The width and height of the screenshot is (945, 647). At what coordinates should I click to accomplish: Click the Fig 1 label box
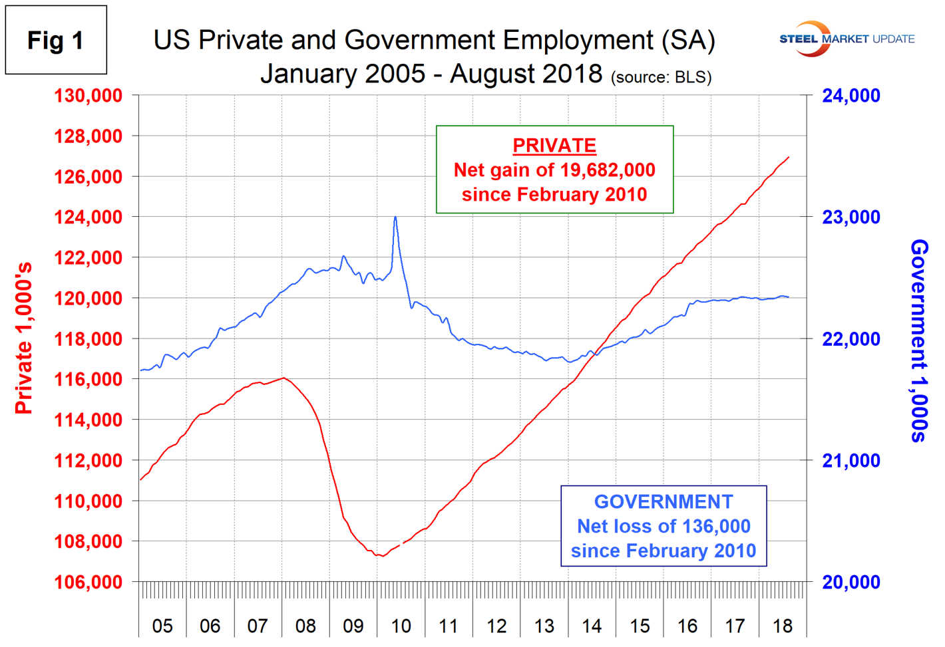(x=56, y=40)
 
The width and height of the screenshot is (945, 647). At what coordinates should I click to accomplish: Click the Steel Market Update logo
(x=847, y=39)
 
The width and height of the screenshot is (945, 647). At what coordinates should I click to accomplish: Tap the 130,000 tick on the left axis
(x=89, y=96)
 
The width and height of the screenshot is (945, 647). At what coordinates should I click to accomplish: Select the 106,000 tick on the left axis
(x=89, y=582)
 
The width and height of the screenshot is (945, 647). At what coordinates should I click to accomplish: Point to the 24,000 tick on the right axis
(x=851, y=96)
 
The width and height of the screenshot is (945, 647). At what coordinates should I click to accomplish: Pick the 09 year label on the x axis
(x=353, y=626)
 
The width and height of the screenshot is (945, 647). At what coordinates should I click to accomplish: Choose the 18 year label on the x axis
(x=783, y=626)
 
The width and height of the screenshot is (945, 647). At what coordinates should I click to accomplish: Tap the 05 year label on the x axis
(x=162, y=626)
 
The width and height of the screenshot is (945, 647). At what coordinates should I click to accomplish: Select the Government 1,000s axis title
(x=919, y=340)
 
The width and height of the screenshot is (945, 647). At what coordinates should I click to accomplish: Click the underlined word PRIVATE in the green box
(x=554, y=145)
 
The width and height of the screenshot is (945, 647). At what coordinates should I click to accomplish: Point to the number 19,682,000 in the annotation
(x=607, y=170)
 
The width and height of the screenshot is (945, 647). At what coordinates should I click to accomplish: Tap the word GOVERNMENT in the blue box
(x=663, y=501)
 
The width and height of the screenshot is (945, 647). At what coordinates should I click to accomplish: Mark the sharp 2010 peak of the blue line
(x=395, y=217)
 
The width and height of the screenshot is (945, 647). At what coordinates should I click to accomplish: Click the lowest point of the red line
(x=381, y=556)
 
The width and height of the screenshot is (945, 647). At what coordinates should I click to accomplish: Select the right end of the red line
(x=789, y=158)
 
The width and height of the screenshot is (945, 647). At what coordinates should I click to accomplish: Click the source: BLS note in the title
(x=661, y=77)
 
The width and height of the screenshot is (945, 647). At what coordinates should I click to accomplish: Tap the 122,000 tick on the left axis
(x=89, y=257)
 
